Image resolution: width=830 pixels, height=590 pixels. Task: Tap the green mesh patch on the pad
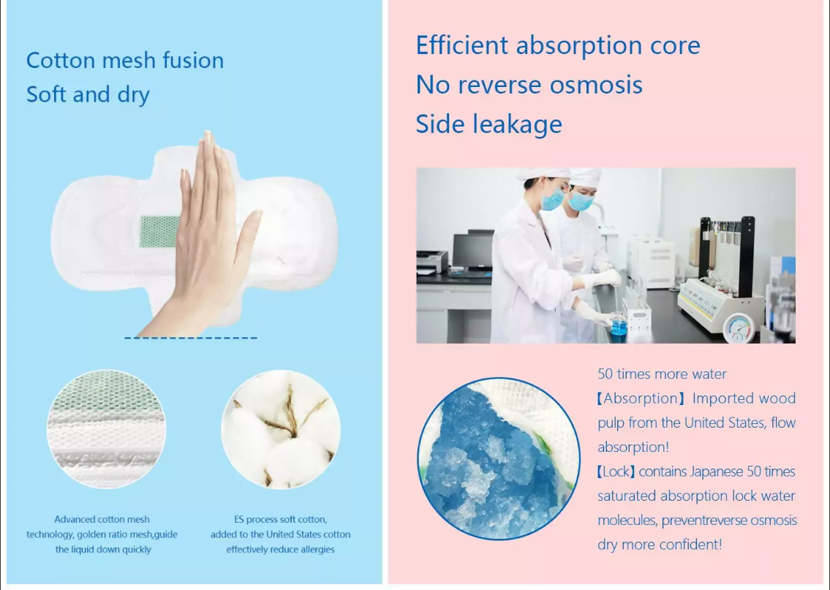tap(159, 231)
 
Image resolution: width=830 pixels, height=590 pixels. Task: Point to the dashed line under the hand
tap(191, 338)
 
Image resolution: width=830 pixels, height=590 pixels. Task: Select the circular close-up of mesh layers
tap(106, 428)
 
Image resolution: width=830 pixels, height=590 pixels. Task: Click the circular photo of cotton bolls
tap(281, 428)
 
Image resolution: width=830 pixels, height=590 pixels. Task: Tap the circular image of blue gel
tap(499, 458)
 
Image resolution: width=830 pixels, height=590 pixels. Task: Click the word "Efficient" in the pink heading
tap(462, 45)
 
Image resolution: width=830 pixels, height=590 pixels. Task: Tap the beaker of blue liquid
tap(618, 324)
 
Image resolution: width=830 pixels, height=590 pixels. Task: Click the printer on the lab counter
tap(432, 262)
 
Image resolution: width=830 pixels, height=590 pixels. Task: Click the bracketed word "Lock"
tap(616, 472)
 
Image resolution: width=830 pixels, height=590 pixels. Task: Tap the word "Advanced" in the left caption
tap(75, 520)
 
